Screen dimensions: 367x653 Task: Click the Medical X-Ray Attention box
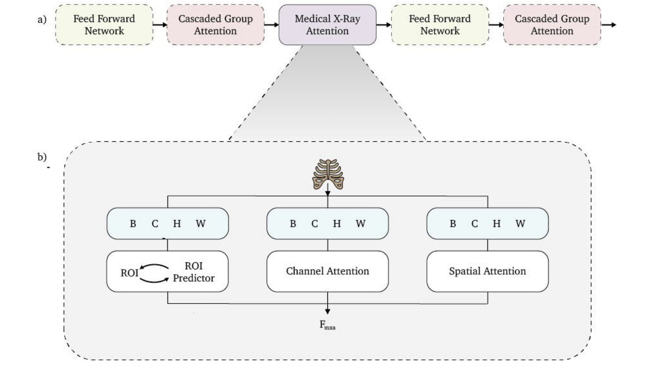click(x=327, y=25)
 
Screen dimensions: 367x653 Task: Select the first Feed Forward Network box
click(x=104, y=25)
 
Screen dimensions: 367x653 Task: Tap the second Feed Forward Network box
click(x=440, y=25)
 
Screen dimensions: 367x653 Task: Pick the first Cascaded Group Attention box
click(x=215, y=25)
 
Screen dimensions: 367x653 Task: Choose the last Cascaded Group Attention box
click(x=552, y=25)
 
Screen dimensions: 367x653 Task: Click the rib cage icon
click(x=328, y=174)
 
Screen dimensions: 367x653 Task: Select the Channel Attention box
click(x=327, y=271)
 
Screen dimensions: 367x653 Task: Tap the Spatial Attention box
click(x=487, y=271)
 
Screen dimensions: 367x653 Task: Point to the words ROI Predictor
click(x=194, y=272)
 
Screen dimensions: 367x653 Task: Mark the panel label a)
click(x=42, y=19)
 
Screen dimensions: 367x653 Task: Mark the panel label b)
click(x=42, y=157)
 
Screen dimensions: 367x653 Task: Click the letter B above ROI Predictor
click(x=133, y=224)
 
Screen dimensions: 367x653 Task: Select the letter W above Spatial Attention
click(x=520, y=224)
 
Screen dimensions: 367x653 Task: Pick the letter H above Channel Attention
click(x=337, y=224)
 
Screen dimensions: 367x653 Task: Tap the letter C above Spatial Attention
click(x=474, y=224)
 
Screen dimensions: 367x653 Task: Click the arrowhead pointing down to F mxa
click(x=327, y=311)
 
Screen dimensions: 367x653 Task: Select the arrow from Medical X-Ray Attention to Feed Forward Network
click(x=383, y=25)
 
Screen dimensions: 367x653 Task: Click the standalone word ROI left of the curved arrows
click(x=129, y=273)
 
